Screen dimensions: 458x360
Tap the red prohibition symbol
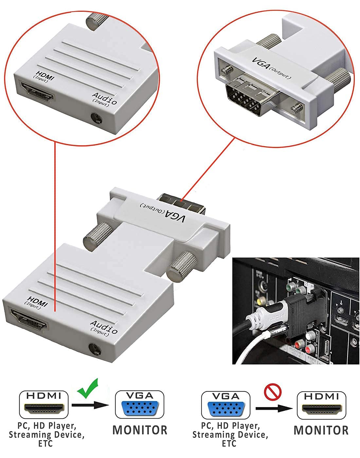click(x=273, y=392)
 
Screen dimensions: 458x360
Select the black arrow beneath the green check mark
click(x=90, y=405)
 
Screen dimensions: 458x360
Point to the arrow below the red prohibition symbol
click(x=274, y=408)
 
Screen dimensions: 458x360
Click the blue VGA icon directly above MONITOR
click(x=139, y=405)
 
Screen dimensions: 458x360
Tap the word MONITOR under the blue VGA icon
click(x=140, y=430)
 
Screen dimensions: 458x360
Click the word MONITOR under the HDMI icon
click(x=321, y=430)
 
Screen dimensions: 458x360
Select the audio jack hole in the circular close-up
click(x=96, y=118)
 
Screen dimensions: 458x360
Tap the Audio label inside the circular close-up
click(x=104, y=98)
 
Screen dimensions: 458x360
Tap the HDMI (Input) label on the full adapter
click(x=37, y=301)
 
